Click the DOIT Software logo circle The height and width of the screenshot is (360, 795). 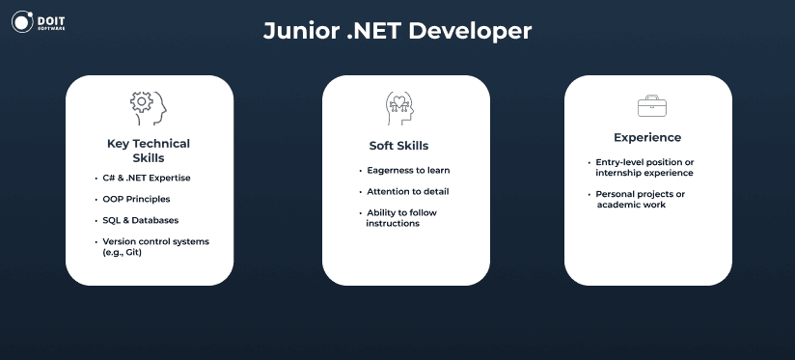click(22, 22)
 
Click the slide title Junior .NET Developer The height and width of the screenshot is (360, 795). click(397, 31)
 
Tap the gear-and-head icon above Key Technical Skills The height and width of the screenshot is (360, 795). click(148, 108)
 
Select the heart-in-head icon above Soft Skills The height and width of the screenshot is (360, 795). click(399, 108)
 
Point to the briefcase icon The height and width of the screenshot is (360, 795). click(652, 106)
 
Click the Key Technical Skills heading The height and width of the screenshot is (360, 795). click(149, 151)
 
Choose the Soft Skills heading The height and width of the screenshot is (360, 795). click(398, 146)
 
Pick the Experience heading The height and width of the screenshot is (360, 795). click(647, 137)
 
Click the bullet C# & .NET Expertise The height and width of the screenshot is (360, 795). click(147, 178)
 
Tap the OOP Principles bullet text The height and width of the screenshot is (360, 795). click(136, 199)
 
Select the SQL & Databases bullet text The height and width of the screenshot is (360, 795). click(141, 221)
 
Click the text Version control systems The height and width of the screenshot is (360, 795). click(155, 241)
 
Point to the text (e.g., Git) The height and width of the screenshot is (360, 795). click(122, 252)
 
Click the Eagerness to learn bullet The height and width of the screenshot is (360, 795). click(408, 171)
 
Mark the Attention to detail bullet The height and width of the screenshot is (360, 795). click(408, 192)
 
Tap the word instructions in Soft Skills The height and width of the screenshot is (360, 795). click(393, 223)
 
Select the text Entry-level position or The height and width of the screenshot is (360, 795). click(644, 162)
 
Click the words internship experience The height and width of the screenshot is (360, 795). click(644, 173)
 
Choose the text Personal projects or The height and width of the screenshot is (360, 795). click(641, 194)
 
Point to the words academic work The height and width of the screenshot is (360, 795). click(631, 205)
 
